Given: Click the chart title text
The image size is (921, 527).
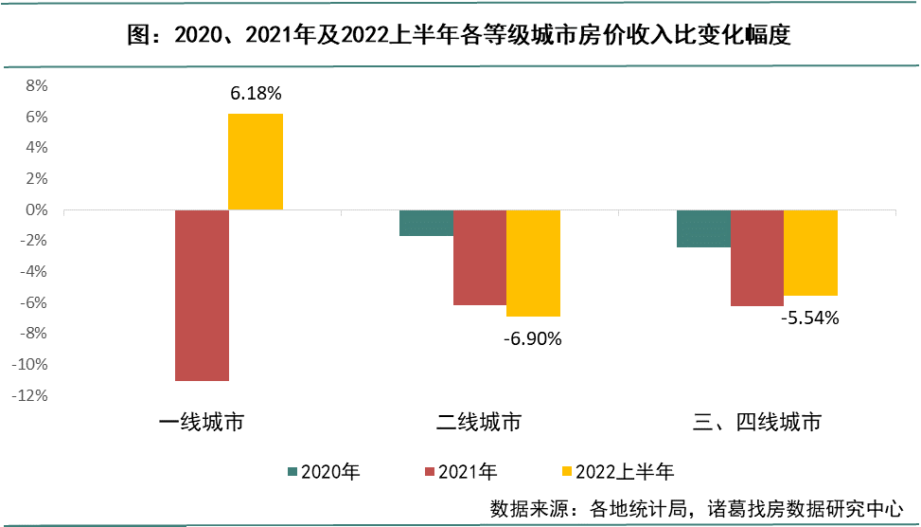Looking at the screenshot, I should tap(460, 36).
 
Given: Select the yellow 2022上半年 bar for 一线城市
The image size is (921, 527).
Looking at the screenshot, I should tap(256, 161).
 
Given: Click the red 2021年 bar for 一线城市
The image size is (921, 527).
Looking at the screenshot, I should tap(202, 295).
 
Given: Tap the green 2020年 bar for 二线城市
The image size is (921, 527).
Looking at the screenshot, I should tap(426, 223).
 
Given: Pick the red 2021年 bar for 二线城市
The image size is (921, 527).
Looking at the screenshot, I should tap(479, 257).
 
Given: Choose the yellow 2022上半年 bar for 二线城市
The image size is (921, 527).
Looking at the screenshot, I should tap(533, 263).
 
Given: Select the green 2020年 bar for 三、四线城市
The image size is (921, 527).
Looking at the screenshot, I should tap(703, 228).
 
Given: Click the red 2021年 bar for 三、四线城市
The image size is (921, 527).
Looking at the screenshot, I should tap(756, 258).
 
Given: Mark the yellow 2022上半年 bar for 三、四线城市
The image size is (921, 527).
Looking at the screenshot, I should tap(810, 252).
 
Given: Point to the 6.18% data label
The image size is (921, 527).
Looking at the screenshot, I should tap(256, 95).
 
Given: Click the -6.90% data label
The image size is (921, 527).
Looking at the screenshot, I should tap(533, 337).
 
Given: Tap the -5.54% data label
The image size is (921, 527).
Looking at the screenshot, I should tap(810, 318).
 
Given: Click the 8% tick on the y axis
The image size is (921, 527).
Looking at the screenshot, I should tap(36, 85).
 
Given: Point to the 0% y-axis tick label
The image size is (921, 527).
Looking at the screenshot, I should tap(36, 209).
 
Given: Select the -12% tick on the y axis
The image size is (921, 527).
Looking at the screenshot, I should tap(30, 395).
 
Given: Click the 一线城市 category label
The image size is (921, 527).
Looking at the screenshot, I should tap(202, 422).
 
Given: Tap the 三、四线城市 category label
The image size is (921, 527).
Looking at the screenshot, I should tap(756, 422).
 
